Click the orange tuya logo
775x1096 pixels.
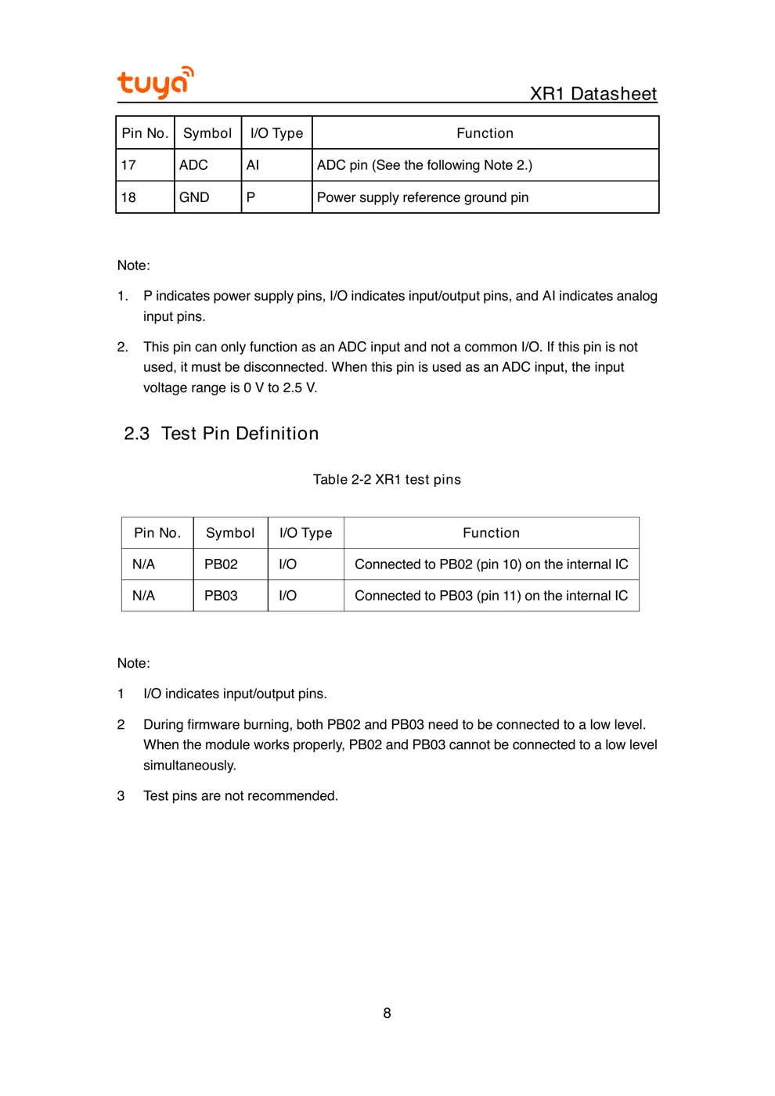(155, 82)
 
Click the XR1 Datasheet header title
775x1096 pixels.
(593, 94)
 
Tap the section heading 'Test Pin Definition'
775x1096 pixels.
(240, 434)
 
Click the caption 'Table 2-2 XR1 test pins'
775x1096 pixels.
(387, 480)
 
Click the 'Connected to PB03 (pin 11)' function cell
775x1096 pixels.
(491, 596)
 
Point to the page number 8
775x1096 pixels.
(387, 1013)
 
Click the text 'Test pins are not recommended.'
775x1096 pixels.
(240, 796)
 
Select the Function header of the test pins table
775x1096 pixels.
(491, 533)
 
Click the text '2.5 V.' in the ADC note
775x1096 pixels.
(300, 388)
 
